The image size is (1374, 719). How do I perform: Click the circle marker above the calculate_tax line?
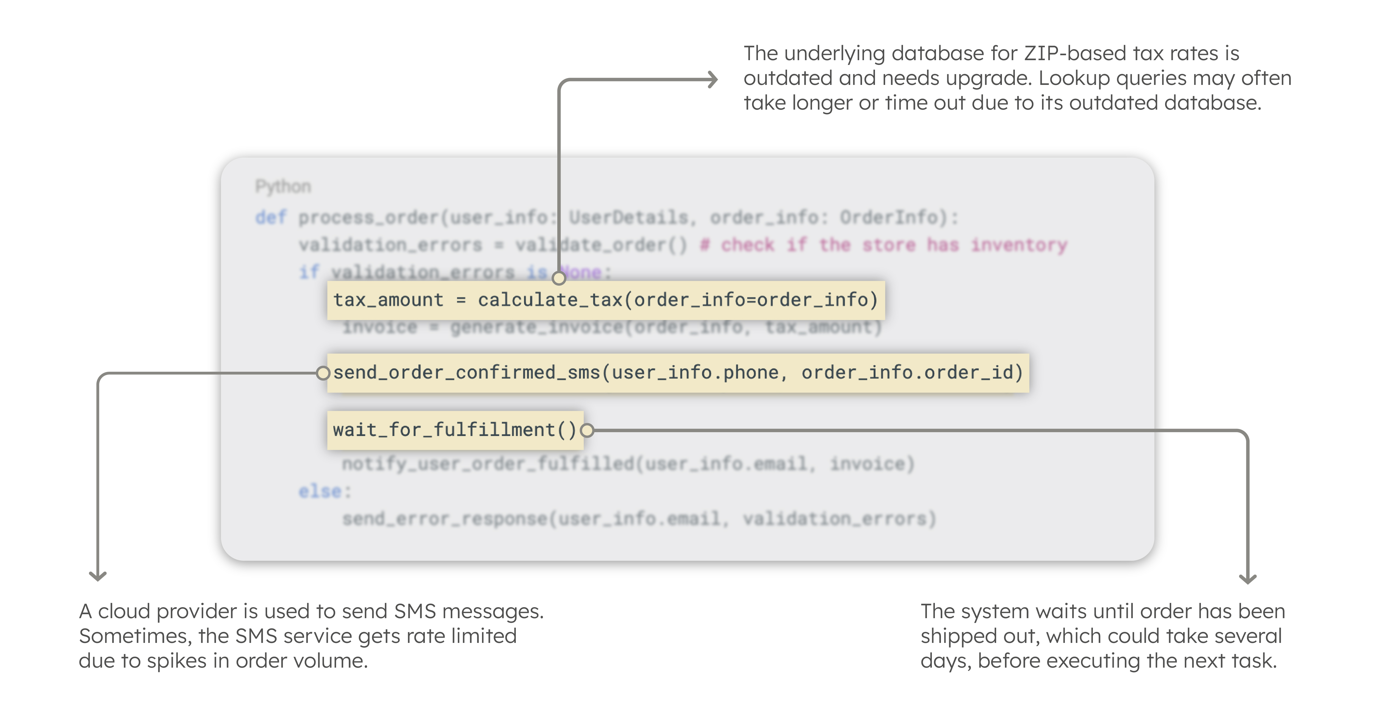click(x=558, y=278)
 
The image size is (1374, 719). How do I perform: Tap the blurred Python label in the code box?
click(x=283, y=186)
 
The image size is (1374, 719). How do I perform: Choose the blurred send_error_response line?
click(x=638, y=518)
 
